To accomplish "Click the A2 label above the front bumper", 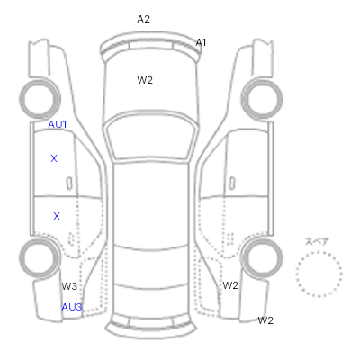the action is click(143, 19).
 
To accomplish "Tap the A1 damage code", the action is click(201, 42).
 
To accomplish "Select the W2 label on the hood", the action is click(145, 80).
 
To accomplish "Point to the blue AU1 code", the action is click(58, 124).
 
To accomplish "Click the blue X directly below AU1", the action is click(54, 158).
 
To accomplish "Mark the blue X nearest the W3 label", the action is click(57, 216).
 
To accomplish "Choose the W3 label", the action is click(69, 286).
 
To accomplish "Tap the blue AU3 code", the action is click(72, 307).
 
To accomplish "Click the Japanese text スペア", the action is click(317, 241).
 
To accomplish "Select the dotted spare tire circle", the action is click(319, 252).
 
